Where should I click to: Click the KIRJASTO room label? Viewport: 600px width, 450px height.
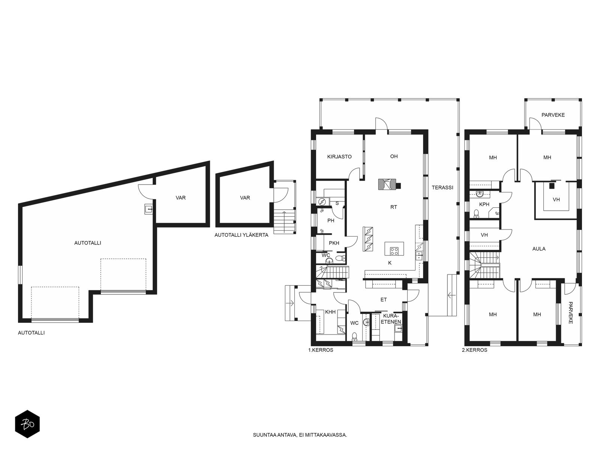339,157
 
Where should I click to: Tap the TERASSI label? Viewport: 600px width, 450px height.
442,187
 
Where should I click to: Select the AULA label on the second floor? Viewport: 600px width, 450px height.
539,249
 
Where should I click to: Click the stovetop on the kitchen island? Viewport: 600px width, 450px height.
394,251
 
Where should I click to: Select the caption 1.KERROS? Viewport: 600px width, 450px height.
321,350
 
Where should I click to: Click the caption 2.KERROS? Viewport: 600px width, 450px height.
474,350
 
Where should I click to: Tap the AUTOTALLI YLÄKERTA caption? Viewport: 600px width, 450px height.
241,235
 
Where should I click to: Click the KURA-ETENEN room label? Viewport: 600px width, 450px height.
391,319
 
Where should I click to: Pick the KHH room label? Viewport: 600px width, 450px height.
330,312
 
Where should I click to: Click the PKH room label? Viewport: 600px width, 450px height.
334,243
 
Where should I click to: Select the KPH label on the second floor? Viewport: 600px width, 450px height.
484,204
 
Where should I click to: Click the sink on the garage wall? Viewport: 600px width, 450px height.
148,209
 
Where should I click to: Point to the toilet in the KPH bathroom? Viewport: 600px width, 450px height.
477,213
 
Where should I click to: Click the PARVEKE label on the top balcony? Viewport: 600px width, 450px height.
553,115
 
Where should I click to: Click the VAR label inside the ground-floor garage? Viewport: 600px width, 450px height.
181,198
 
